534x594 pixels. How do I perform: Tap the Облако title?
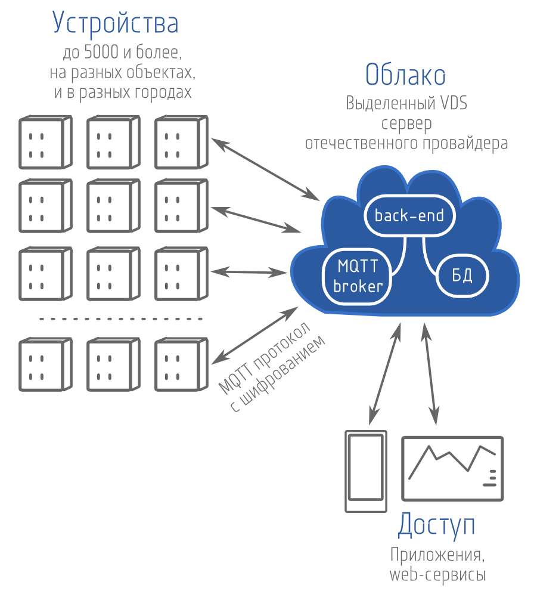(405, 76)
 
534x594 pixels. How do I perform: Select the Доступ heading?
(437, 525)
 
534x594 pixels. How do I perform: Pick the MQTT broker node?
(358, 275)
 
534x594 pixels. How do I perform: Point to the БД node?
(462, 275)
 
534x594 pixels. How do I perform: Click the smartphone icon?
(364, 471)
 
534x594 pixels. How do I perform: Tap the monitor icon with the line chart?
(452, 469)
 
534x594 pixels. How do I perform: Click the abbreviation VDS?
(454, 103)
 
